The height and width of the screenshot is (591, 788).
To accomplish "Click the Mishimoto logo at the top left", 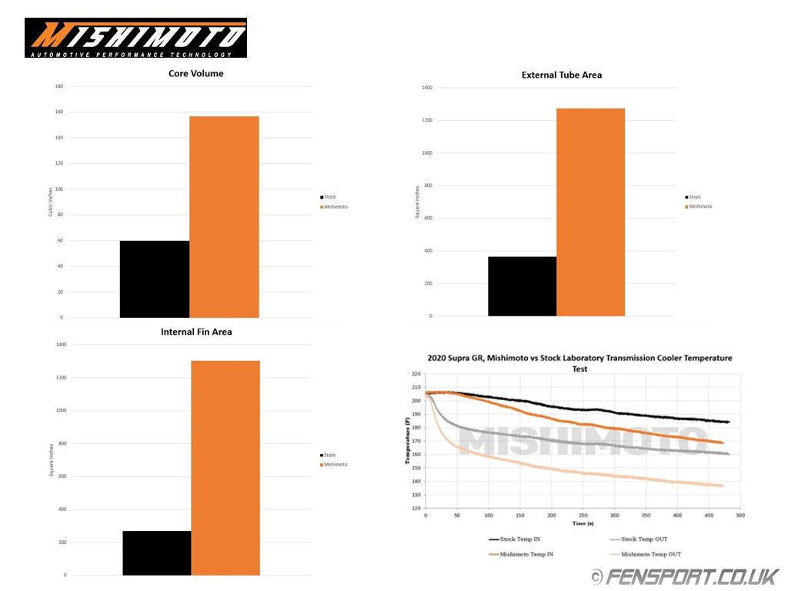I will pyautogui.click(x=135, y=38).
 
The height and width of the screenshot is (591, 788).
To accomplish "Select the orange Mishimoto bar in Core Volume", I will pyautogui.click(x=224, y=216).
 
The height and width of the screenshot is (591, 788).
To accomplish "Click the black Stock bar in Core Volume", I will pyautogui.click(x=155, y=279).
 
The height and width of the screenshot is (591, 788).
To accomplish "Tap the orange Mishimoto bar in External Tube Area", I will pyautogui.click(x=590, y=212).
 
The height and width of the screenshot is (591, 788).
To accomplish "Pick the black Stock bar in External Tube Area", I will pyautogui.click(x=522, y=285).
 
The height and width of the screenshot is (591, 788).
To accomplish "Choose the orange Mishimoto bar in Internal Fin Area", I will pyautogui.click(x=225, y=467).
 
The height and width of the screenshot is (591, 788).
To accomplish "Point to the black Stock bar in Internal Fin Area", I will pyautogui.click(x=157, y=553).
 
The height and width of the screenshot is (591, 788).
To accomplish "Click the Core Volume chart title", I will pyautogui.click(x=195, y=74).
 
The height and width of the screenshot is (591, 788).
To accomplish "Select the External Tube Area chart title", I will pyautogui.click(x=562, y=75).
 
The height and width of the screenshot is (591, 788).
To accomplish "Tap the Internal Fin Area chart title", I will pyautogui.click(x=196, y=332).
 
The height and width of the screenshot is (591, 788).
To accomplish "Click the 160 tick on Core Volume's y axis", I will pyautogui.click(x=58, y=112).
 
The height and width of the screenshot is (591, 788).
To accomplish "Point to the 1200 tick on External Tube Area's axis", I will pyautogui.click(x=427, y=121).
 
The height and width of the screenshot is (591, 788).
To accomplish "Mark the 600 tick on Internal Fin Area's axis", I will pyautogui.click(x=59, y=476).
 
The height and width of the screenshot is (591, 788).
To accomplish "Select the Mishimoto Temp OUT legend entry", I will pyautogui.click(x=645, y=554).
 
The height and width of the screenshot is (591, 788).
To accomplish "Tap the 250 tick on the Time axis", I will pyautogui.click(x=583, y=515).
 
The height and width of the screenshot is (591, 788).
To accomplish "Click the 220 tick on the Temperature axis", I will pyautogui.click(x=416, y=374).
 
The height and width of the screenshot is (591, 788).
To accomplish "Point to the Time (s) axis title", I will pyautogui.click(x=583, y=523).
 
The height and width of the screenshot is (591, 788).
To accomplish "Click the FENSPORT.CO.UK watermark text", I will pyautogui.click(x=692, y=576).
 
